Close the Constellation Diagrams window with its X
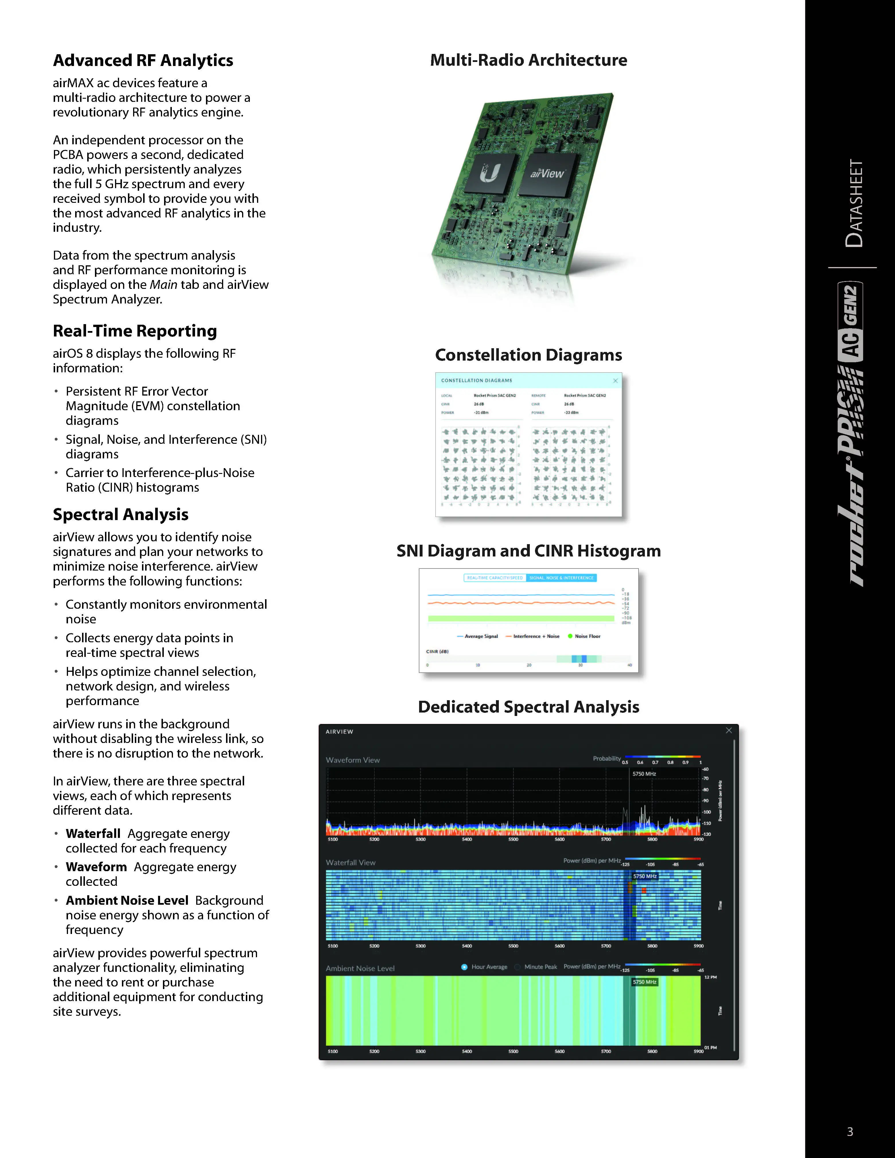pyautogui.click(x=615, y=381)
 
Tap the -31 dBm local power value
pyautogui.click(x=481, y=412)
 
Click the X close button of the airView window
pyautogui.click(x=729, y=731)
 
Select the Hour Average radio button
pyautogui.click(x=464, y=967)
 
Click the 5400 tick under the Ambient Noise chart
pyautogui.click(x=467, y=1051)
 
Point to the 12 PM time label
pyautogui.click(x=711, y=977)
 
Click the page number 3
pyautogui.click(x=850, y=1132)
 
